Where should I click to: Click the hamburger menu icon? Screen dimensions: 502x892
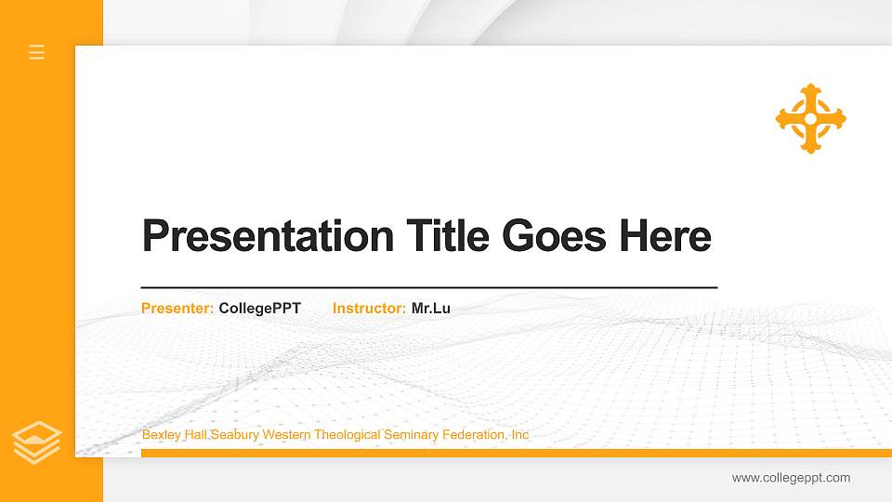coord(37,52)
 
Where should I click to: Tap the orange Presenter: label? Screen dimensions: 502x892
coord(177,308)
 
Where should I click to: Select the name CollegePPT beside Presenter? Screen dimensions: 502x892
coord(259,308)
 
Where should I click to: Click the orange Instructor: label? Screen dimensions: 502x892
coord(369,308)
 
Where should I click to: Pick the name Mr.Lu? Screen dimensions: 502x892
coord(431,308)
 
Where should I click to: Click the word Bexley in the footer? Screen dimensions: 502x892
coord(160,435)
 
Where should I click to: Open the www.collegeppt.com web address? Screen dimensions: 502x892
coord(791,478)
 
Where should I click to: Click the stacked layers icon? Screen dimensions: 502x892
coord(37,442)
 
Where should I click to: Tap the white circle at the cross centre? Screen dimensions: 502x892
coord(810,119)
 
